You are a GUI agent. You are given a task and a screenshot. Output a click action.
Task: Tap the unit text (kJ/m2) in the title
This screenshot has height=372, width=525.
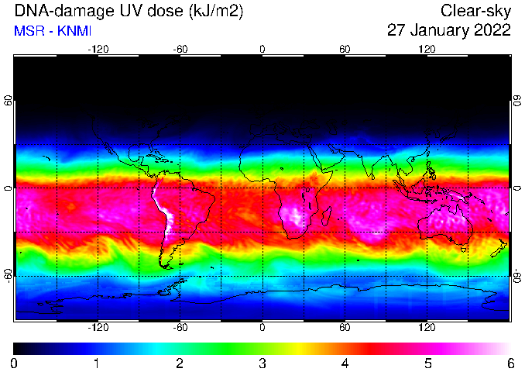[x=216, y=12]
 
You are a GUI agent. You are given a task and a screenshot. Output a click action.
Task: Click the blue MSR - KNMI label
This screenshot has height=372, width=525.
[x=53, y=31]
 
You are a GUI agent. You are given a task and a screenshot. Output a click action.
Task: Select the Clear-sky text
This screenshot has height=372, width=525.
[x=475, y=12]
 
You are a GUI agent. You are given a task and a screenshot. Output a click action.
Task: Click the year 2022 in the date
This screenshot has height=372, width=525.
[x=494, y=30]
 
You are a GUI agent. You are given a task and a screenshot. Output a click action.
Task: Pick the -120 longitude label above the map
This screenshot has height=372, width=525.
[x=98, y=50]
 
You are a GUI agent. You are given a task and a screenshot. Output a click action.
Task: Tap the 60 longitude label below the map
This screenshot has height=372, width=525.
[x=345, y=327]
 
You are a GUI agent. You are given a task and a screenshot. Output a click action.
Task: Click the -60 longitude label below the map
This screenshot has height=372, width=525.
[x=180, y=327]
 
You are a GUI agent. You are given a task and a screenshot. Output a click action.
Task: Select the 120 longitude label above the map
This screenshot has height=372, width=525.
[x=427, y=50]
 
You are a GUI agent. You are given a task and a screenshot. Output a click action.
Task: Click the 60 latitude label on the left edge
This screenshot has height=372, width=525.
[x=9, y=100]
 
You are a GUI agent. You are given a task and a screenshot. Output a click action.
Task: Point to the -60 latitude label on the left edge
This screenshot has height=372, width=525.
[x=9, y=275]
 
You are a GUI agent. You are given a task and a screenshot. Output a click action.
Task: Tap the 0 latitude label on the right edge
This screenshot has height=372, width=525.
[x=517, y=188]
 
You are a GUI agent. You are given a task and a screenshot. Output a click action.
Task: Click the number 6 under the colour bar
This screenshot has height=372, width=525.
[x=510, y=363]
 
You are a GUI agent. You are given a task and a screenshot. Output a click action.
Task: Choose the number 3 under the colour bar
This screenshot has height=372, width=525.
[x=262, y=363]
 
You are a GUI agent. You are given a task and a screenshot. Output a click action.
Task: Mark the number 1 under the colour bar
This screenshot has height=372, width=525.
[x=97, y=363]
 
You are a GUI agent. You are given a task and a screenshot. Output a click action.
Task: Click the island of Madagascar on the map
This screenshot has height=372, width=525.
[x=327, y=216]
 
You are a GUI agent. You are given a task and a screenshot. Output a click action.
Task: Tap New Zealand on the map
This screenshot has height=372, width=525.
[x=499, y=248]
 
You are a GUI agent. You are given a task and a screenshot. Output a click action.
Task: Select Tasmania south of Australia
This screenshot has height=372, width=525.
[x=463, y=250]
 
